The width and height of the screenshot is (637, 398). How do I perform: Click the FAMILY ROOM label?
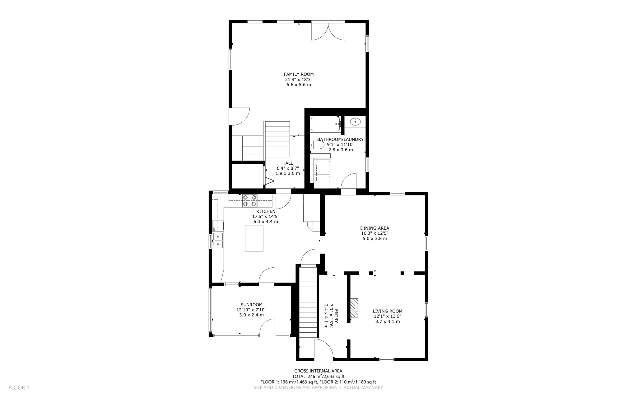pos(299,74)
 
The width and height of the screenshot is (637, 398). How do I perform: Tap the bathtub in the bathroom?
pos(325,124)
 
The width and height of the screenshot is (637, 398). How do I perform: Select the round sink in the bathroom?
pos(355,121)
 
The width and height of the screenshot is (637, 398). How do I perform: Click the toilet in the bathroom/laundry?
pos(318,145)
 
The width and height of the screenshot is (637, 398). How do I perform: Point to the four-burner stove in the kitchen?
pos(250,201)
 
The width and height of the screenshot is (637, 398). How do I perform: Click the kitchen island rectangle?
pos(254,238)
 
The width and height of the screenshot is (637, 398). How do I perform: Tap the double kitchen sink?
pos(218,241)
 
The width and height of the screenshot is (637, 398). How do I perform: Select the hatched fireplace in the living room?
pos(354,308)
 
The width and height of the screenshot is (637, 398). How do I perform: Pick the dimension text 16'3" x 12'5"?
pos(374,233)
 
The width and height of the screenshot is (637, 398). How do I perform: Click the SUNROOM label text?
pos(251,305)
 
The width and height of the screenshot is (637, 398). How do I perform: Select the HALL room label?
pos(287,163)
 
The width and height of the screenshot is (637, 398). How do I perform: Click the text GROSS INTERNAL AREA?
pos(318,371)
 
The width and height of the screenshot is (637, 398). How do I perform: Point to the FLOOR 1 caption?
pos(19,387)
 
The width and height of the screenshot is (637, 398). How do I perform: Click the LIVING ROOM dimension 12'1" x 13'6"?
pos(387,316)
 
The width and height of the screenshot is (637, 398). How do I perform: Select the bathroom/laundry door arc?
pos(349,181)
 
